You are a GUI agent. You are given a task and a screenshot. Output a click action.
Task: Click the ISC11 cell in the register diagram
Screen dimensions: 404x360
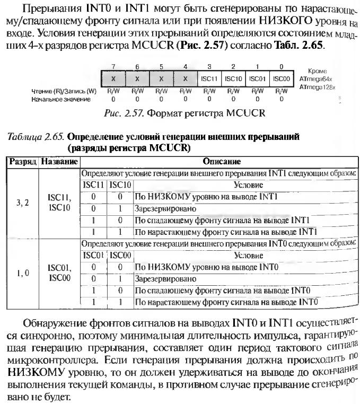[209, 78]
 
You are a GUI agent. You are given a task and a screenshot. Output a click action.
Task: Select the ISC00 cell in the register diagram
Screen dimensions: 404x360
[281, 78]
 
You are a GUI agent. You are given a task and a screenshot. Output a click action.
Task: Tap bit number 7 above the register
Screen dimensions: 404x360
[113, 67]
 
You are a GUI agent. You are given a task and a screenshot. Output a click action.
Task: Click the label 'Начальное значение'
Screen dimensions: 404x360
[61, 99]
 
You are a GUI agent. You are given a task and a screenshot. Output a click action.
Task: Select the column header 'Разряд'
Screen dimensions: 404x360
[22, 161]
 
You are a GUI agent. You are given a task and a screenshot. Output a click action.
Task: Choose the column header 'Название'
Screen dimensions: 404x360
[59, 161]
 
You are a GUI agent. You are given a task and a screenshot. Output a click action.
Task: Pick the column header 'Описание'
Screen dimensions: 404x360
[222, 161]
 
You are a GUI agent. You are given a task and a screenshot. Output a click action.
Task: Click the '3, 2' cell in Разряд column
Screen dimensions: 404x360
[22, 202]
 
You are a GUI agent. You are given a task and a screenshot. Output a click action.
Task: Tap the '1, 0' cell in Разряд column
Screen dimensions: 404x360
[22, 273]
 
